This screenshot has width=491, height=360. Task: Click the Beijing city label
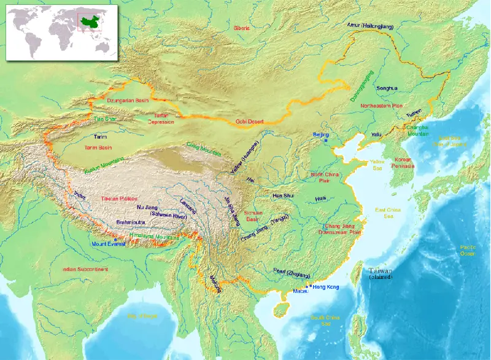[x=320, y=134]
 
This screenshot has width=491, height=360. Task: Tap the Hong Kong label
[x=325, y=287]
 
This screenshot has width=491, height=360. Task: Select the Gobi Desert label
[x=250, y=122]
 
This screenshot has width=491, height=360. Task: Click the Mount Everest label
[x=109, y=244]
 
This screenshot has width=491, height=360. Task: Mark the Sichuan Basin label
[x=252, y=216]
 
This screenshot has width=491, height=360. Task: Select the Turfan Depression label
[x=160, y=119]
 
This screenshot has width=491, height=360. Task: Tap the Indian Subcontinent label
[x=85, y=269]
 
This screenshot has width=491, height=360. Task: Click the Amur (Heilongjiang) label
[x=369, y=25]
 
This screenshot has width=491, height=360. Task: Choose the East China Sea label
[x=388, y=213]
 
